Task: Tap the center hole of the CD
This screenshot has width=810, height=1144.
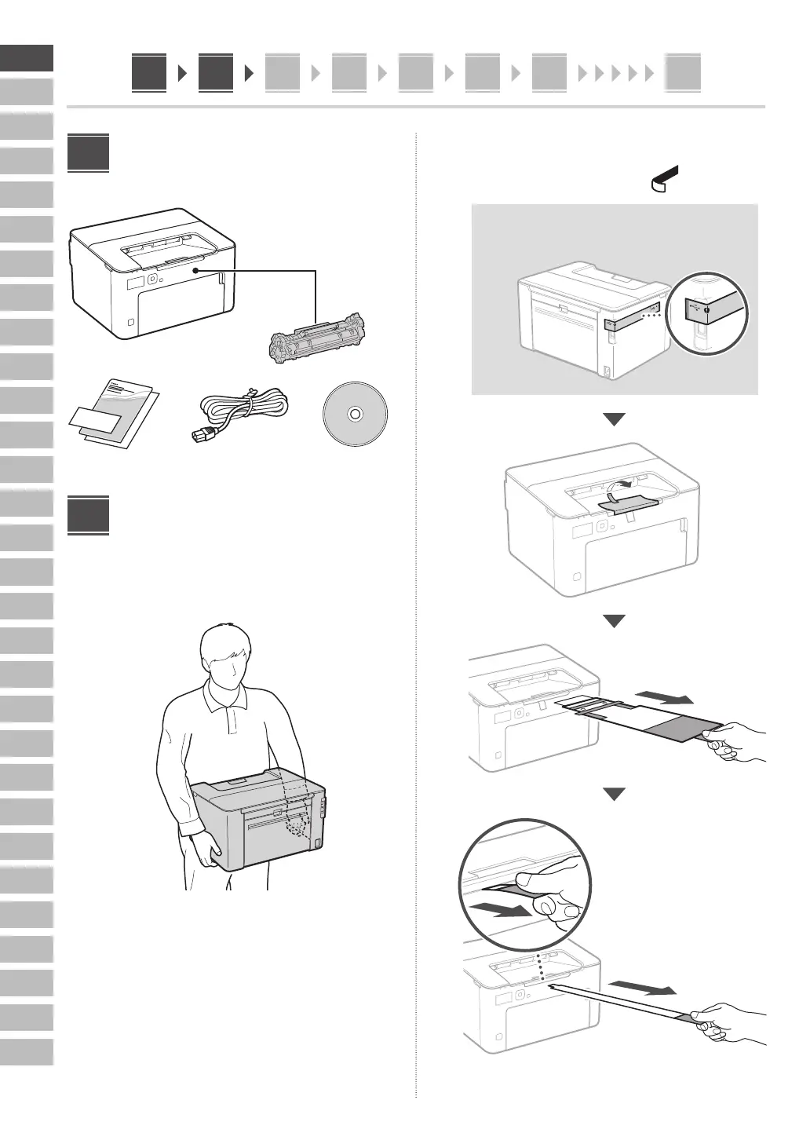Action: point(355,414)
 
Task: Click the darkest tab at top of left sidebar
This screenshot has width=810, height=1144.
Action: point(27,57)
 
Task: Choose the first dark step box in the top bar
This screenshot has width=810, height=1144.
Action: point(149,73)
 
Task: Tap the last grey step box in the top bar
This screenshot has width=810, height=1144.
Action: point(683,73)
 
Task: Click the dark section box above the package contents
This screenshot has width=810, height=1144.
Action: point(88,153)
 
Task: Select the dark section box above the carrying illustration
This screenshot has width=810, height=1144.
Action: point(88,514)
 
